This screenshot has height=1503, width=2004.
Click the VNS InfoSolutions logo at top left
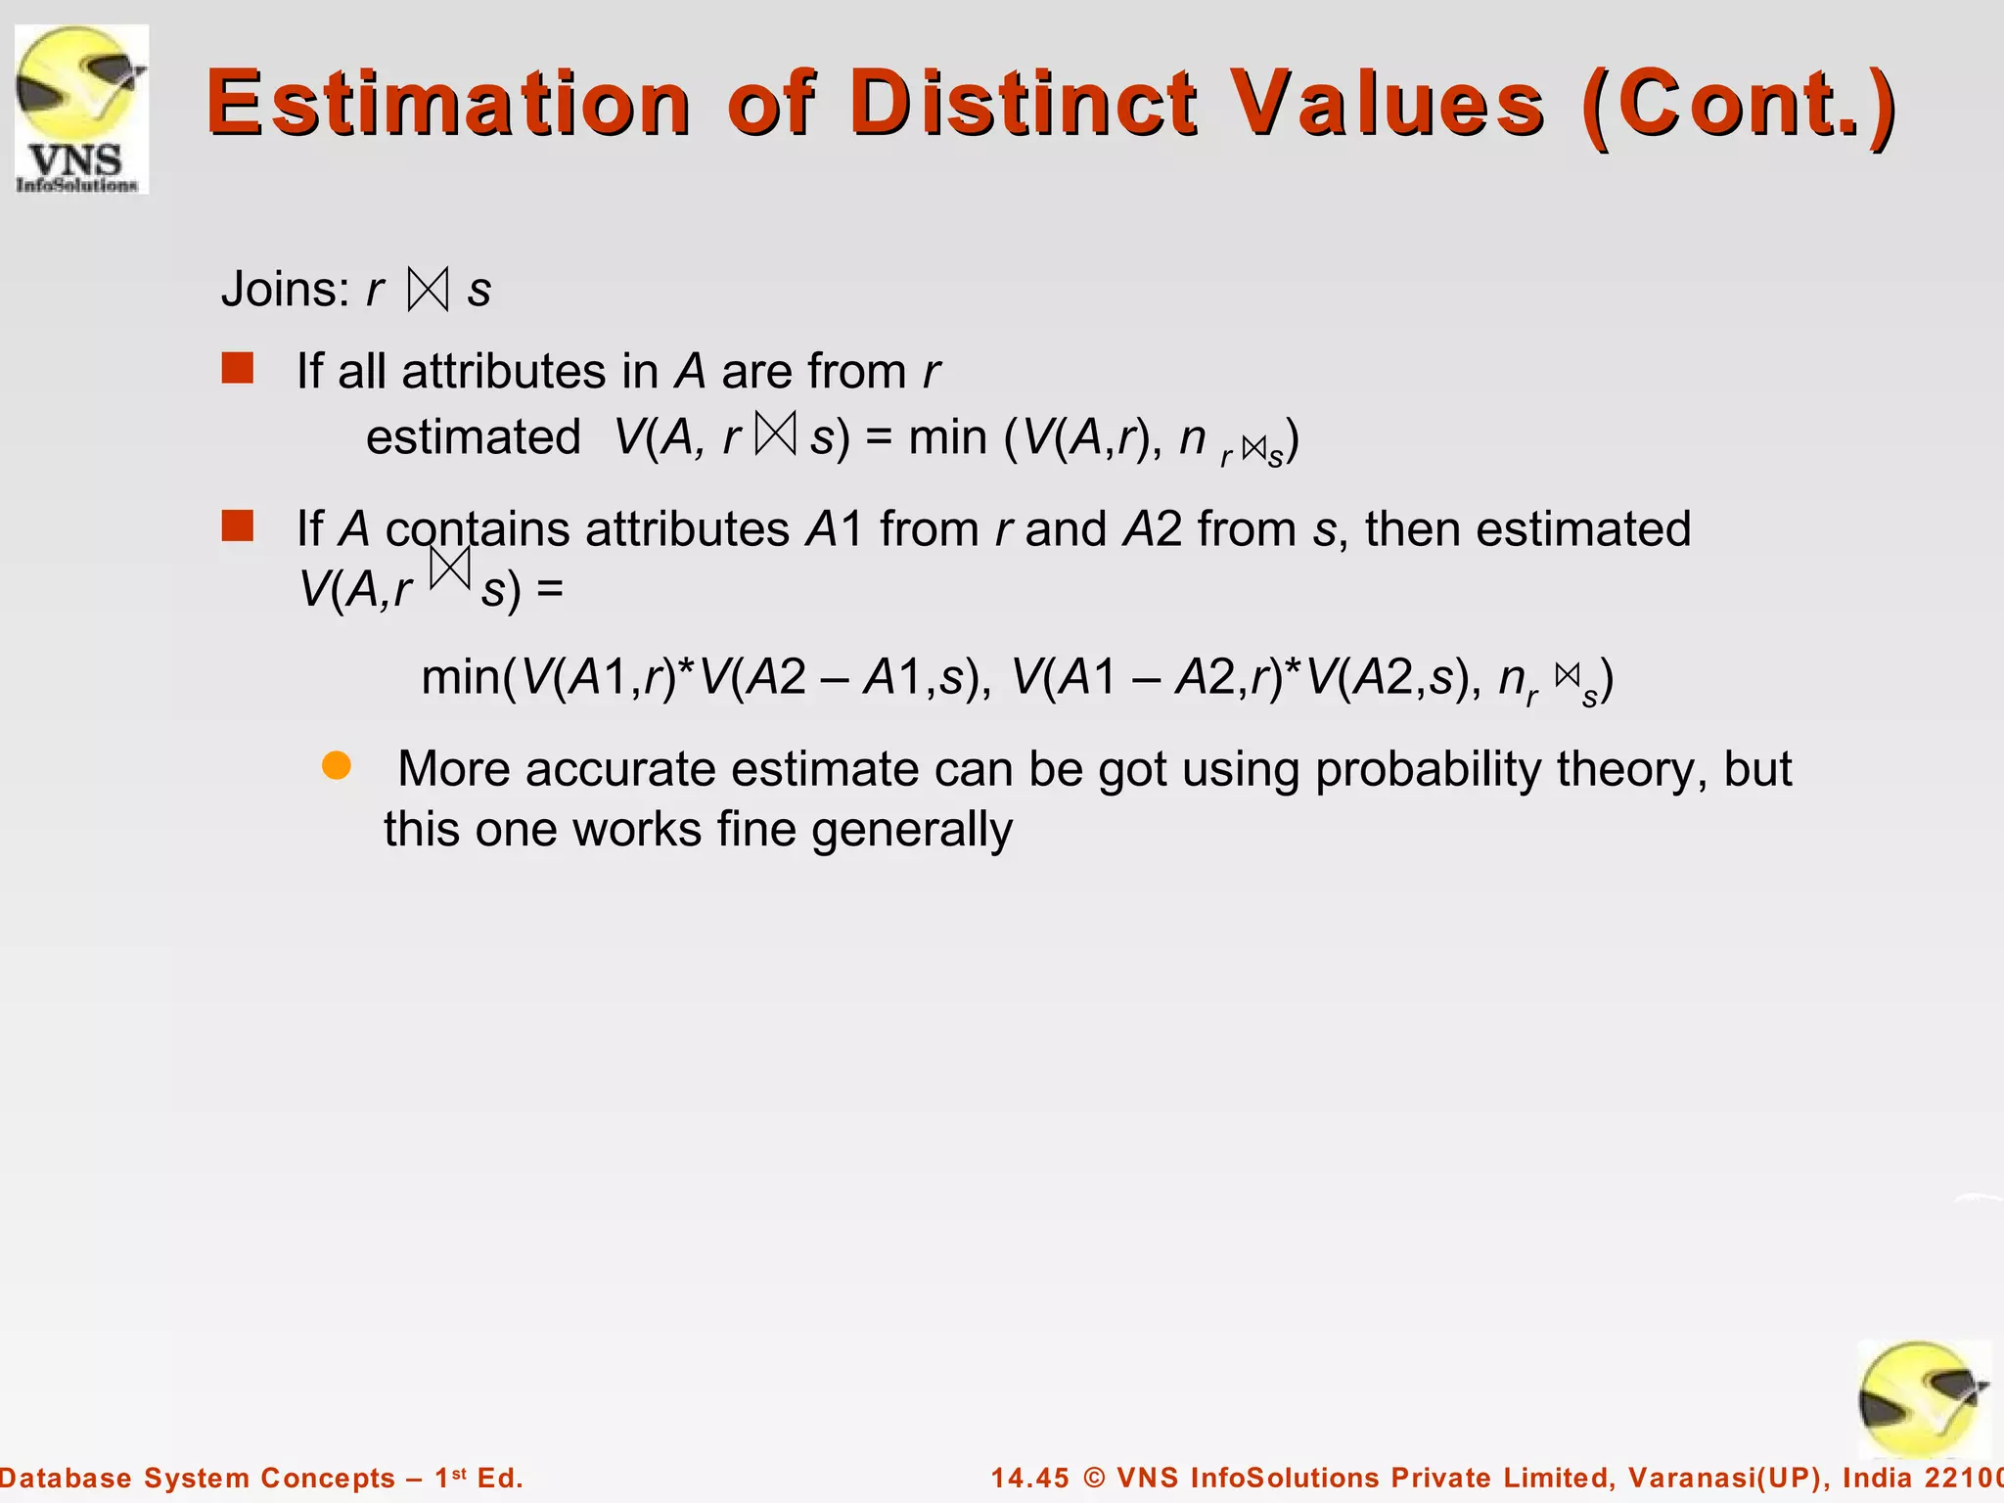pyautogui.click(x=81, y=110)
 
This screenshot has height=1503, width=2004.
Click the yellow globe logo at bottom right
pyautogui.click(x=1922, y=1399)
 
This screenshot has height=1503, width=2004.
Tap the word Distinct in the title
pyautogui.click(x=1023, y=104)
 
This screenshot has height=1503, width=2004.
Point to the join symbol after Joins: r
pyautogui.click(x=429, y=290)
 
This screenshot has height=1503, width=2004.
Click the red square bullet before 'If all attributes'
pyautogui.click(x=238, y=369)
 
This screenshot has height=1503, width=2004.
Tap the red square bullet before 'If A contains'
pyautogui.click(x=238, y=525)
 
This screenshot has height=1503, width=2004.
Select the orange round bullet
pyautogui.click(x=337, y=766)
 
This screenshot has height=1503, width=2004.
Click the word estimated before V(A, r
pyautogui.click(x=474, y=436)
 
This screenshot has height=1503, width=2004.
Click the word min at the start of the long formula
pyautogui.click(x=461, y=676)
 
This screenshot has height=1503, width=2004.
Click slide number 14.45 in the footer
pyautogui.click(x=1030, y=1478)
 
